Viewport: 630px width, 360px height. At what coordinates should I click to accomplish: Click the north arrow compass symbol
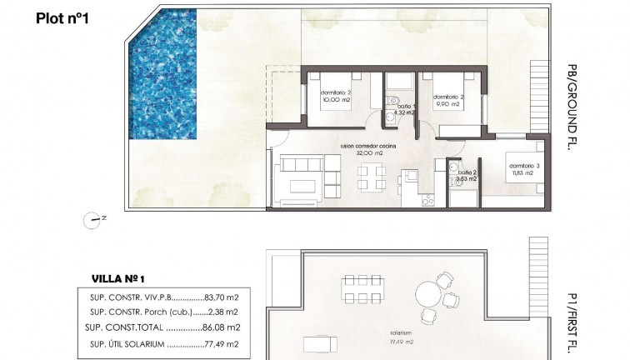[92, 220]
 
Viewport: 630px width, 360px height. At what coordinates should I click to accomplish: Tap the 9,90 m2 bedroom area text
[448, 107]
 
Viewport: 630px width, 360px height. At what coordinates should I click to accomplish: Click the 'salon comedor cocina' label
[367, 146]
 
